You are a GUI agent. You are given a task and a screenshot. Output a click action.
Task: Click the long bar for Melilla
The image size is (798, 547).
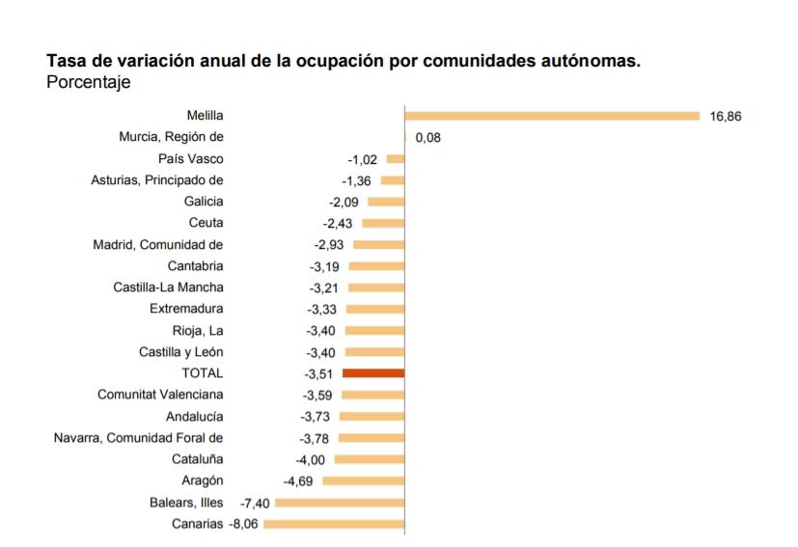(x=552, y=116)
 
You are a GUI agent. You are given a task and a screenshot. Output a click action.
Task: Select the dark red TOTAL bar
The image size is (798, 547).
(x=373, y=372)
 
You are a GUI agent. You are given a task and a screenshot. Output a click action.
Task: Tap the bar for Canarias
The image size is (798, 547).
(x=334, y=524)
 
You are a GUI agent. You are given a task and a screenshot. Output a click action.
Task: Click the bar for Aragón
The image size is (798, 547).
(x=363, y=480)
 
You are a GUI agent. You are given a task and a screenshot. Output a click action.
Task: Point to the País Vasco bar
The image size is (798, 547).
(x=396, y=159)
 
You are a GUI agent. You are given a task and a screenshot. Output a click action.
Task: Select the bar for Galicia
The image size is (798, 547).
(x=386, y=202)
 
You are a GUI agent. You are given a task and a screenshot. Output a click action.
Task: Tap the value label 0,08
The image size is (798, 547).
(x=427, y=138)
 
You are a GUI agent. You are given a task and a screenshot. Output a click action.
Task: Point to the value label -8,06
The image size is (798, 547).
(x=243, y=524)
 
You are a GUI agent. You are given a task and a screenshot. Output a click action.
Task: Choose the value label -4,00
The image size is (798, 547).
(x=310, y=460)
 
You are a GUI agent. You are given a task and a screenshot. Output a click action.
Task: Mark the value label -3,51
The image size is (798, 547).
(x=317, y=373)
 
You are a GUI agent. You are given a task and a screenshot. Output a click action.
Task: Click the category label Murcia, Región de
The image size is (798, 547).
(x=171, y=137)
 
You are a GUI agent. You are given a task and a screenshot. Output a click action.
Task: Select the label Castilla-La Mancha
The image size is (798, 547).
(x=168, y=287)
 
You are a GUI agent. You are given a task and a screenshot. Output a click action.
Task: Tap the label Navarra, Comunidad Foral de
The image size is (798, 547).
(x=138, y=438)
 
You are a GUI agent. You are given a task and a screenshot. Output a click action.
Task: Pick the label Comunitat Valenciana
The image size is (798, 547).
(x=160, y=395)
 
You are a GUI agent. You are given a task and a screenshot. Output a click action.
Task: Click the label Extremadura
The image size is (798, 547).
(x=186, y=309)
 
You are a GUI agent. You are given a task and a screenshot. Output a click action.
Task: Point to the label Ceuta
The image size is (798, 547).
(x=206, y=223)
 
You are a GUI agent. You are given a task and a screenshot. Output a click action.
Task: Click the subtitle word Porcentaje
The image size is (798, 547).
(x=88, y=83)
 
